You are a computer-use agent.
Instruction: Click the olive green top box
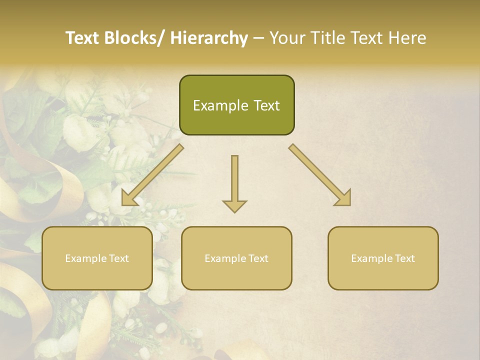[x=236, y=105]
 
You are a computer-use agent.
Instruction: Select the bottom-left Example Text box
[x=97, y=258]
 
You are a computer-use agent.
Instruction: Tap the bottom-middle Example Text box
[x=236, y=258]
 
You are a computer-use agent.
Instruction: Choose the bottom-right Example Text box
[x=383, y=258]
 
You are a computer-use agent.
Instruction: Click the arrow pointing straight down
[x=234, y=183]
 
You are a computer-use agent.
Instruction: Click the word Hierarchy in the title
[x=209, y=38]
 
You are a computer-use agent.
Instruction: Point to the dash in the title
[x=258, y=38]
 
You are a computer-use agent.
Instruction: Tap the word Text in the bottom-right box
[x=404, y=258]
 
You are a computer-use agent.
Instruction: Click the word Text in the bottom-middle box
[x=257, y=258]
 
